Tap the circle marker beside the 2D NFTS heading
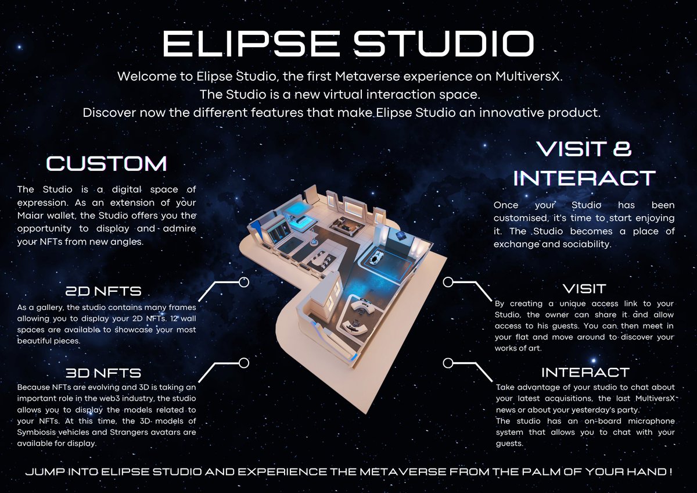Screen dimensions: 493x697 click(244, 282)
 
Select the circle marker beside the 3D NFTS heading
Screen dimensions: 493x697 click(244, 363)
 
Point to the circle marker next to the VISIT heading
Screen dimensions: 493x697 click(448, 282)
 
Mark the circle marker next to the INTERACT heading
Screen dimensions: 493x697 click(448, 363)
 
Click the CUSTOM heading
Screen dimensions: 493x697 click(106, 163)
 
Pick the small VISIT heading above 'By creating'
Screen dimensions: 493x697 click(584, 288)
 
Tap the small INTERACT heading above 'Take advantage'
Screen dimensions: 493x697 click(585, 372)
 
